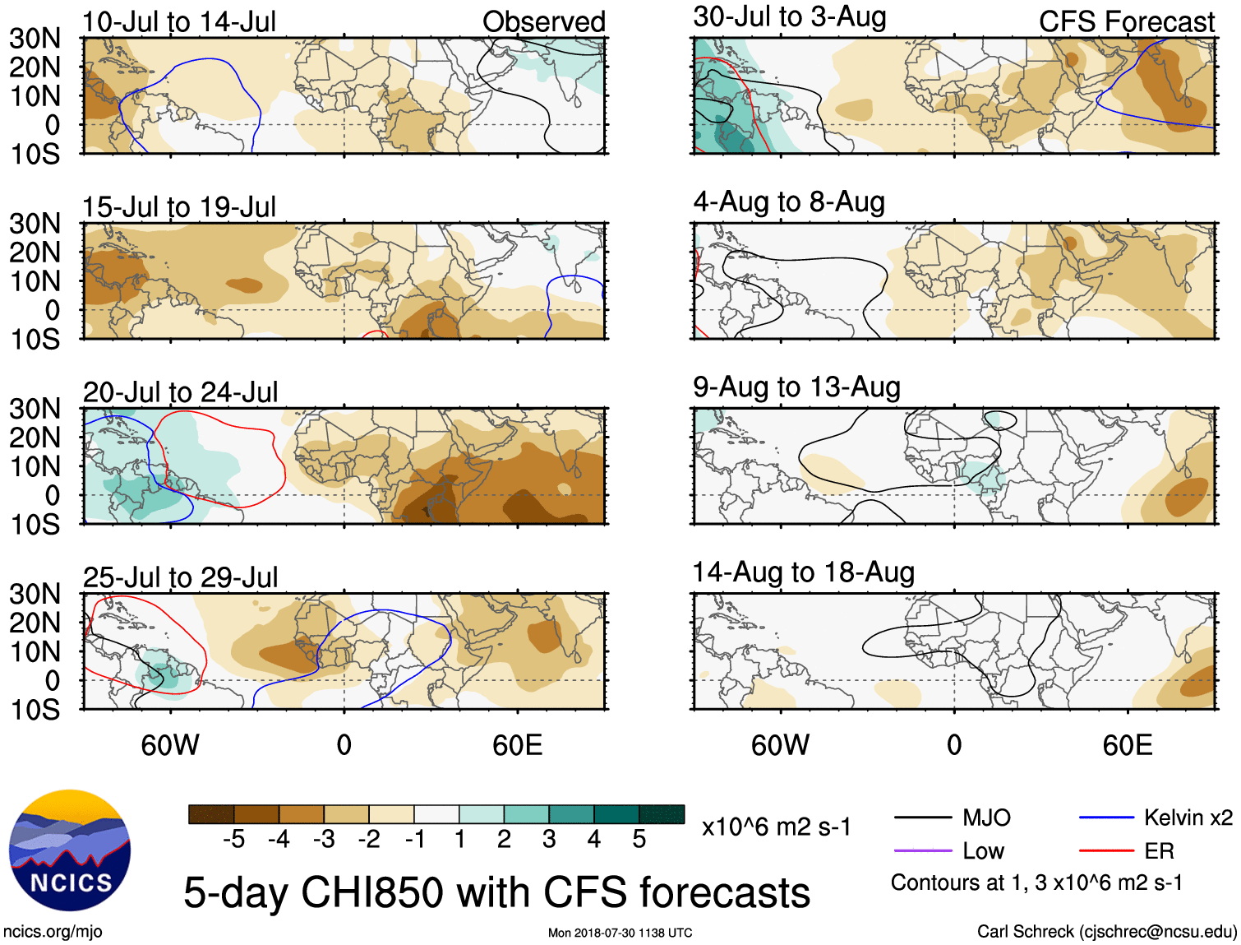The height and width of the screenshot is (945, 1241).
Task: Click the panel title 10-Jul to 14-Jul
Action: (x=179, y=21)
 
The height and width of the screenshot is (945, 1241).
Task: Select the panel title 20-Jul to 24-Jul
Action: (x=181, y=392)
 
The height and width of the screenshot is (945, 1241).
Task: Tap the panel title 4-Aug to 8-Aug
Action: (x=789, y=202)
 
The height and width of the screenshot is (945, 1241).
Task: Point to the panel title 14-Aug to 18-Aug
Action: (x=803, y=572)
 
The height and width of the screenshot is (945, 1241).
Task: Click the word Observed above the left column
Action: (x=543, y=21)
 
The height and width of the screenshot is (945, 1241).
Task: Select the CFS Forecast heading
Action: (x=1126, y=21)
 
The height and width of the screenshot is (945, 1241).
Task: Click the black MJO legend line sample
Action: (x=923, y=818)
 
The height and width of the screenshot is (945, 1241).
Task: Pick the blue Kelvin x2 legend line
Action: (x=1106, y=818)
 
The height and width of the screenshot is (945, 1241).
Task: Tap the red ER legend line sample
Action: (x=1106, y=850)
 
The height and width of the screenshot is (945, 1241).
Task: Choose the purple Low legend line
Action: (x=923, y=850)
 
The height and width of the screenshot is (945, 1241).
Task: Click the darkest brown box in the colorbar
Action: (x=211, y=814)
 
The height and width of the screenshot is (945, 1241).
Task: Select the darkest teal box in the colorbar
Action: (x=662, y=814)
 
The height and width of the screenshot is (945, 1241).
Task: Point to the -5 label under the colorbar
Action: (x=233, y=839)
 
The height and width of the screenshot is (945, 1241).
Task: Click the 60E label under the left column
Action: (x=517, y=745)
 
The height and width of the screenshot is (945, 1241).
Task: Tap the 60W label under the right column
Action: (x=780, y=745)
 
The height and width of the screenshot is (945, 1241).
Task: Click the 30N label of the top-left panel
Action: (x=35, y=38)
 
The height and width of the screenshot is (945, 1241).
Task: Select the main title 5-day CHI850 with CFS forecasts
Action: (x=496, y=892)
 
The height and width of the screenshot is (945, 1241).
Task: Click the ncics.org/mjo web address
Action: (x=53, y=932)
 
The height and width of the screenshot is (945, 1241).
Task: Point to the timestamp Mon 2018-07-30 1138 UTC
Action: (x=620, y=933)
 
